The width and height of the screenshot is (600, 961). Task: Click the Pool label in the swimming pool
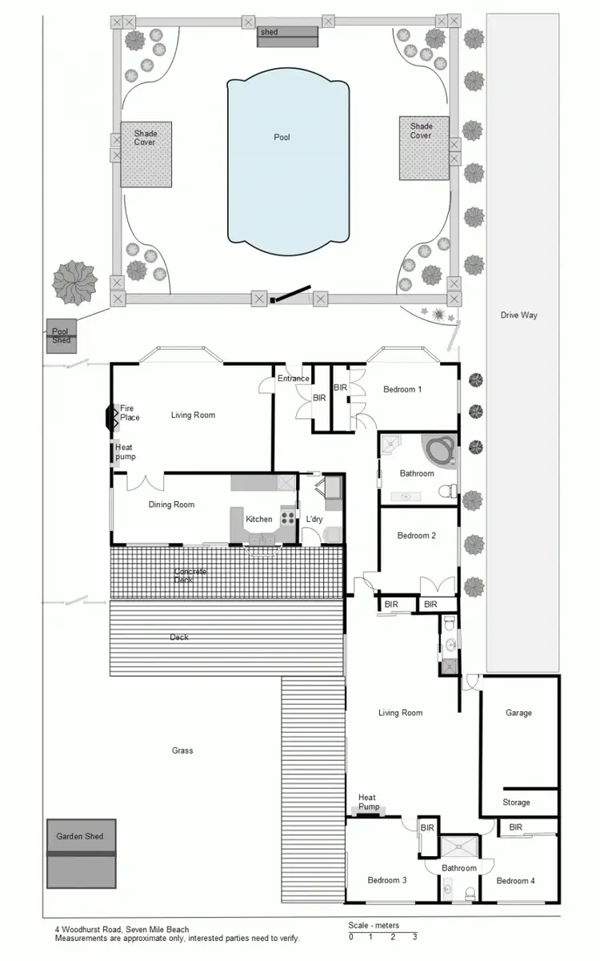pyautogui.click(x=282, y=137)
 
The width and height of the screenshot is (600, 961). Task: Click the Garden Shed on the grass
pyautogui.click(x=81, y=853)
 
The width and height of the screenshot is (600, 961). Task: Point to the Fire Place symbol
pyautogui.click(x=110, y=416)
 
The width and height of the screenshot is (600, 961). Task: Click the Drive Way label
pyautogui.click(x=518, y=316)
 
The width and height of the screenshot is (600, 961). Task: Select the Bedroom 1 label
pyautogui.click(x=402, y=389)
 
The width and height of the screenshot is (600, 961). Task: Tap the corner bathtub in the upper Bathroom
pyautogui.click(x=438, y=450)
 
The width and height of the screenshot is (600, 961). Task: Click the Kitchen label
pyautogui.click(x=259, y=519)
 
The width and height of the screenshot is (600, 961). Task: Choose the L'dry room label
pyautogui.click(x=314, y=519)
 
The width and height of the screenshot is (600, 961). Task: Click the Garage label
pyautogui.click(x=518, y=713)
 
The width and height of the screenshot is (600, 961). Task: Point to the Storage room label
pyautogui.click(x=516, y=802)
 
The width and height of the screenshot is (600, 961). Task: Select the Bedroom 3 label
pyautogui.click(x=387, y=880)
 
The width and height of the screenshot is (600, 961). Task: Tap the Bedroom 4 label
pyautogui.click(x=515, y=880)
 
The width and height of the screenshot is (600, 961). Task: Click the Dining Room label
pyautogui.click(x=171, y=505)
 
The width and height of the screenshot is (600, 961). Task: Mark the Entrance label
pyautogui.click(x=293, y=379)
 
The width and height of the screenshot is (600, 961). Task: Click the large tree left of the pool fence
pyautogui.click(x=74, y=282)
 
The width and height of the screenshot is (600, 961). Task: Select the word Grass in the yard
pyautogui.click(x=182, y=750)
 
